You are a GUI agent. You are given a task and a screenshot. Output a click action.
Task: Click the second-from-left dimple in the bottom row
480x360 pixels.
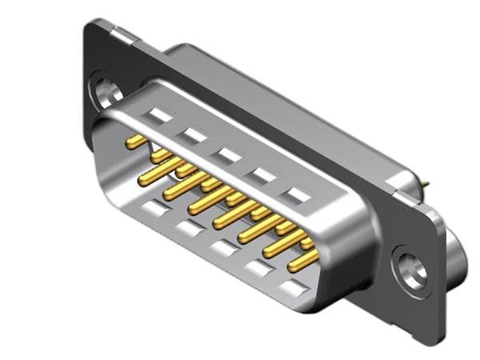[187, 230]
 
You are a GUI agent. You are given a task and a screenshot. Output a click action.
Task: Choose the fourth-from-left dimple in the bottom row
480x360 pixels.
[258, 269]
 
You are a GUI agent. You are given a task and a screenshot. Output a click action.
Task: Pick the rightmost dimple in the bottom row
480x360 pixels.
[294, 288]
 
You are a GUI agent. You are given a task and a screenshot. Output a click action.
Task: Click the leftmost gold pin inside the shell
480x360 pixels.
[136, 142]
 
